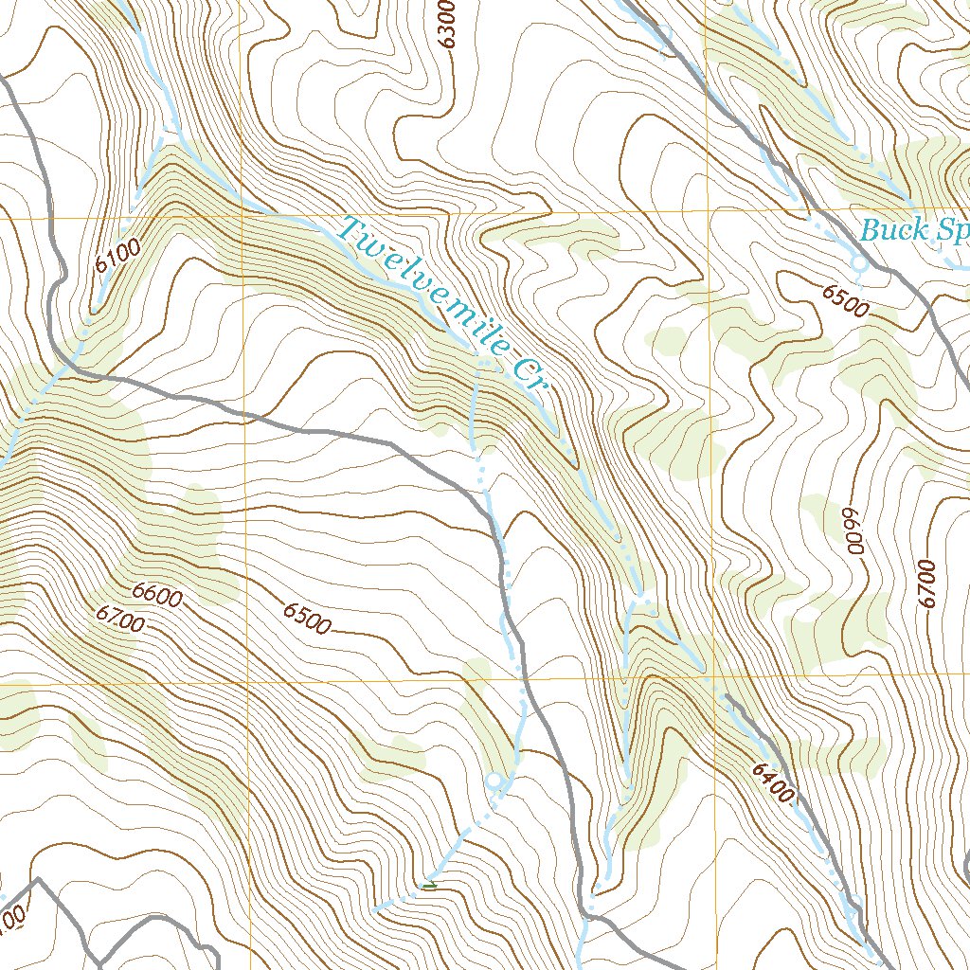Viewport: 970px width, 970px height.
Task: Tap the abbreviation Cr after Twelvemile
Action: (530, 377)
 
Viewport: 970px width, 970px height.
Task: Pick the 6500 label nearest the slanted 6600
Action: (307, 617)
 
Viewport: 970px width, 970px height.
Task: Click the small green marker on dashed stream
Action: (431, 886)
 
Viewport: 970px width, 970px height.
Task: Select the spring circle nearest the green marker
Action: (494, 781)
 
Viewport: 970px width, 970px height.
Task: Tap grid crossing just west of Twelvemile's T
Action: (243, 216)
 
